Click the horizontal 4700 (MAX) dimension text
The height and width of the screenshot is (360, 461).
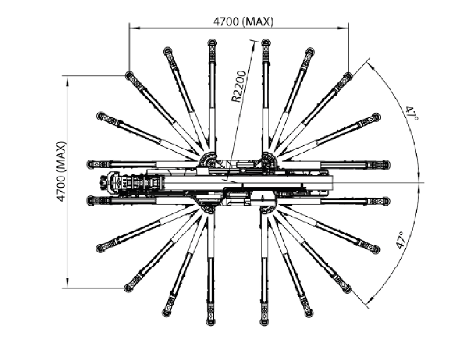[x=242, y=21]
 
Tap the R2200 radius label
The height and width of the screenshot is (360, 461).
[x=239, y=87]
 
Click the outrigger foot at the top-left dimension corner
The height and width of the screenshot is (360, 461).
[x=129, y=76]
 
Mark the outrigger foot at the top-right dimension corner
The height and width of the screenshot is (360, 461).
[x=348, y=76]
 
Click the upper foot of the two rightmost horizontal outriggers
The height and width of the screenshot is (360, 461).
[x=386, y=164]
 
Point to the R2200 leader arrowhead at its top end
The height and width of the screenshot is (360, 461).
[x=254, y=42]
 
